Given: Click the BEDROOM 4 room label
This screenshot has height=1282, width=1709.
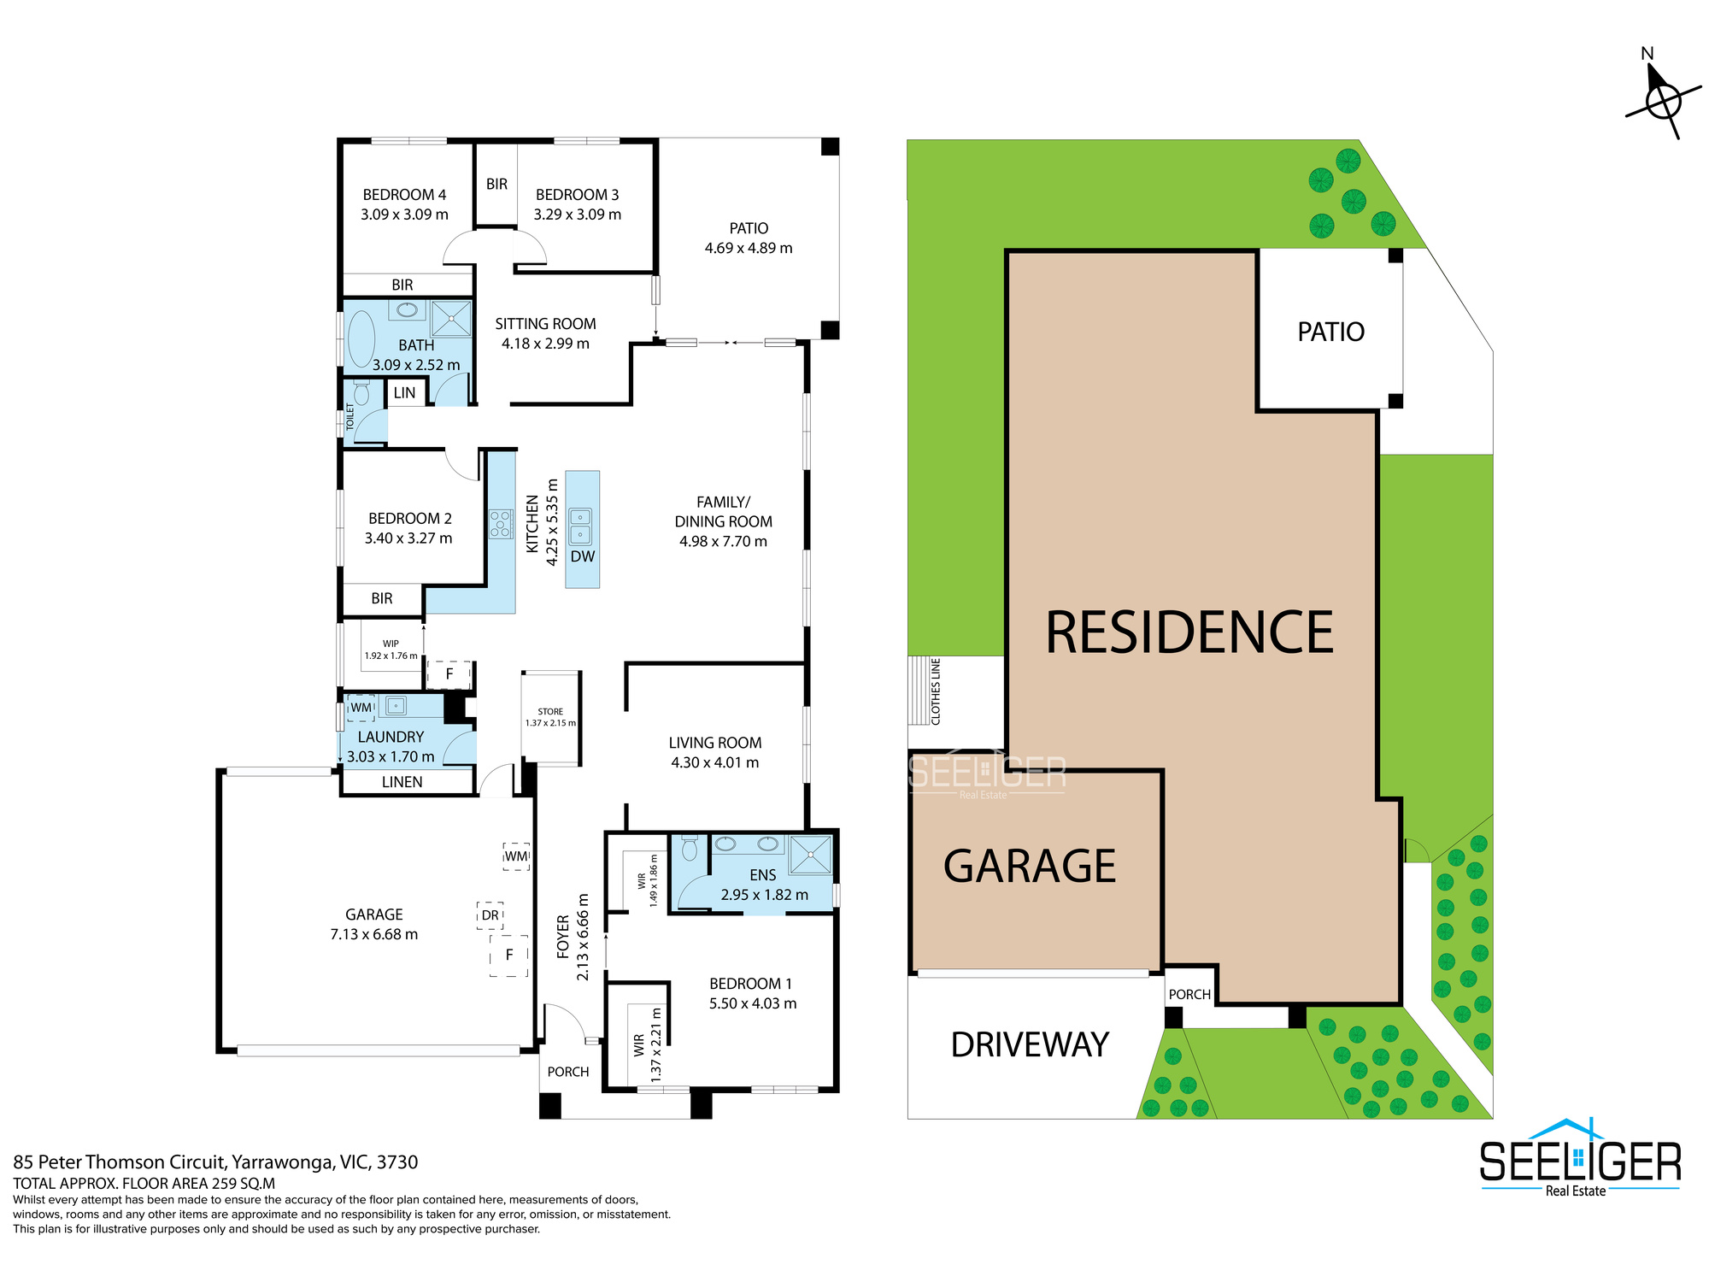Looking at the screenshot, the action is click(x=404, y=195).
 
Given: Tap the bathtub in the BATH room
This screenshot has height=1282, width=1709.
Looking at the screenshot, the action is click(x=361, y=339).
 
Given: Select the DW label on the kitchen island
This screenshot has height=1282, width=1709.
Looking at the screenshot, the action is click(x=583, y=556).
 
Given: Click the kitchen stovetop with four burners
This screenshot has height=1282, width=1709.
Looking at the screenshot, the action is click(x=501, y=523).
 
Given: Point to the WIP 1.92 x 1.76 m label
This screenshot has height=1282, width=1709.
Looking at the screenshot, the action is click(x=391, y=650).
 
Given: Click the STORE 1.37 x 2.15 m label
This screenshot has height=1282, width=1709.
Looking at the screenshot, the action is click(x=550, y=717).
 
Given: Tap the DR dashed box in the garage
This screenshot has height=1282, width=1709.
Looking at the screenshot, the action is click(x=490, y=915).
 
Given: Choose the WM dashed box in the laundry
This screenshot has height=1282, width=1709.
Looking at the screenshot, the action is click(x=361, y=708).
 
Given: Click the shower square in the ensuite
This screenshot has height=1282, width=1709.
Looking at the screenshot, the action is click(x=810, y=855).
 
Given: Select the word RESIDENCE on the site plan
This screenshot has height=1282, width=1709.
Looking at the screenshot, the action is click(x=1189, y=632).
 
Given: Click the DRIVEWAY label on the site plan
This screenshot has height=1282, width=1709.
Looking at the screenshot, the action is click(x=1030, y=1044).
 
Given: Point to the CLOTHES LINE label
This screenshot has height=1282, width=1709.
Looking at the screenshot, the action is click(x=936, y=691).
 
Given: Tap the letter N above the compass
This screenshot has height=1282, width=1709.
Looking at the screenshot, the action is click(x=1647, y=54).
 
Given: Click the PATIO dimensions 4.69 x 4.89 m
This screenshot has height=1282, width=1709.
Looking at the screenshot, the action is click(x=749, y=248).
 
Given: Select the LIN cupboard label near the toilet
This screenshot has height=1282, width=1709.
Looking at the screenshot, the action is click(x=405, y=393).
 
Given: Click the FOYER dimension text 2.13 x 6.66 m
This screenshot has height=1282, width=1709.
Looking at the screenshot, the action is click(x=584, y=937).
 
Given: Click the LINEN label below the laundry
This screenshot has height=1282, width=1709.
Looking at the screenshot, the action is click(x=402, y=782).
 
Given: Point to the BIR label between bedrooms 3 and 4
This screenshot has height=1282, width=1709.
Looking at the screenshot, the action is click(x=496, y=185).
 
